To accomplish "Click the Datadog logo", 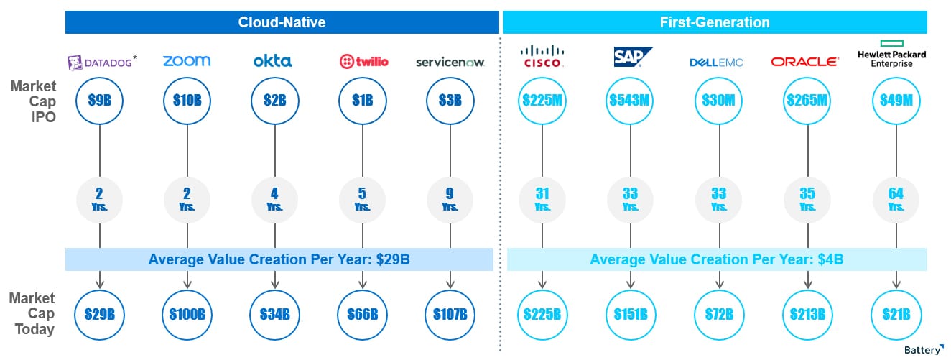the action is tap(102, 62).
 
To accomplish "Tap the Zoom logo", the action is tap(187, 61).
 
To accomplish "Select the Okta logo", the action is tap(272, 61).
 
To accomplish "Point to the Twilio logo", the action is tap(364, 62).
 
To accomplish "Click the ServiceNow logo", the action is tap(450, 63).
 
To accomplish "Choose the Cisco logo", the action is tap(542, 57).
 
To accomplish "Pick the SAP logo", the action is tap(633, 57).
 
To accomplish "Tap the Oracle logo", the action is tap(805, 62).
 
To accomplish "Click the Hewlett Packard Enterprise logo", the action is tap(891, 55).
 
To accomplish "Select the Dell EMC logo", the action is tap(716, 63).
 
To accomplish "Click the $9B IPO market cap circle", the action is tap(99, 101).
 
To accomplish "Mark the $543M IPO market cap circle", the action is tap(630, 101).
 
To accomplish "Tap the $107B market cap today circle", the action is tap(450, 315).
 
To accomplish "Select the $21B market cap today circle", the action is tap(896, 315).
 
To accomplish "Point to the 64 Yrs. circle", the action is tap(896, 200).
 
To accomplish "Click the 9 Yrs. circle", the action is tap(450, 200).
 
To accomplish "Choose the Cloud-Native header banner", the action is tap(282, 22).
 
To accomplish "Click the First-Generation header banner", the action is tap(715, 22).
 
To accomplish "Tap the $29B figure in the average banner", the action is tap(393, 259).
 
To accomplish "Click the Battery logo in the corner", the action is tap(924, 350).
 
